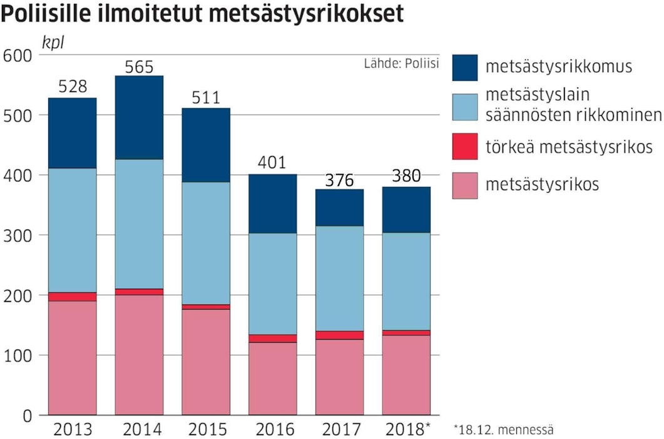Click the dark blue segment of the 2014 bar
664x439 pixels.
tap(139, 118)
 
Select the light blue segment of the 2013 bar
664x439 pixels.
tap(72, 230)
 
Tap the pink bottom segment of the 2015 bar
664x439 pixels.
tap(206, 361)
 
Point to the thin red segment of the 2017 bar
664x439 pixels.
tap(340, 335)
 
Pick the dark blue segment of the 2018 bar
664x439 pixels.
tap(407, 209)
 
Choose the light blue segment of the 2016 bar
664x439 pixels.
tap(273, 284)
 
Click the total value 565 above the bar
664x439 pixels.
tap(139, 67)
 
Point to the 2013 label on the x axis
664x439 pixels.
tap(72, 430)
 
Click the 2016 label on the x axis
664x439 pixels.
tap(273, 430)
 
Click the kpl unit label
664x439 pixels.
tap(53, 43)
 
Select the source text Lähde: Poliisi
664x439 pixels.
tap(401, 63)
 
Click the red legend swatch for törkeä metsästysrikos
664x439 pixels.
tap(465, 146)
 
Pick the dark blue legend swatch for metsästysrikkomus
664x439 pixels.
tap(465, 68)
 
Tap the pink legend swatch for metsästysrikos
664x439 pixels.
tap(465, 185)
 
